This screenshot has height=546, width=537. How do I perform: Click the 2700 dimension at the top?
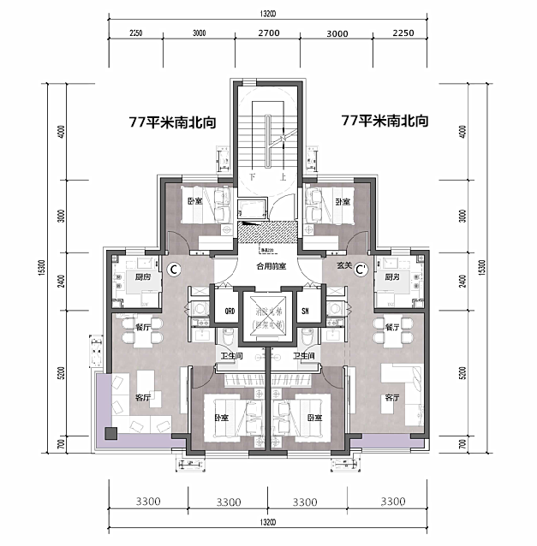point(268,33)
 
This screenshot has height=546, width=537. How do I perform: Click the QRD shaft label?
point(230,311)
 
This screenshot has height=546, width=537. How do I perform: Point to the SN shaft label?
point(305,311)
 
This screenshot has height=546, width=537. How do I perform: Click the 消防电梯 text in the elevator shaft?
point(268,312)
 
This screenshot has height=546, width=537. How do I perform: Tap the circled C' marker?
point(361,270)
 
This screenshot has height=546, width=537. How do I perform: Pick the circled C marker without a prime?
point(173,270)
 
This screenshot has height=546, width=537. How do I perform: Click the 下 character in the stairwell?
point(252,177)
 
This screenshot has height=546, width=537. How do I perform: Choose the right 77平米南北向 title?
point(385,122)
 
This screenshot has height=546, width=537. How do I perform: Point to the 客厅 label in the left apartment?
point(142,398)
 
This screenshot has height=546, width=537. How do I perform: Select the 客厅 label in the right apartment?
point(392,398)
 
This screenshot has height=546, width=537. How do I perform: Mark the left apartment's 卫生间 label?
point(229,355)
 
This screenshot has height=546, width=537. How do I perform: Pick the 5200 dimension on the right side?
point(463,373)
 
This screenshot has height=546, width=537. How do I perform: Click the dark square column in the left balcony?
point(110,433)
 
